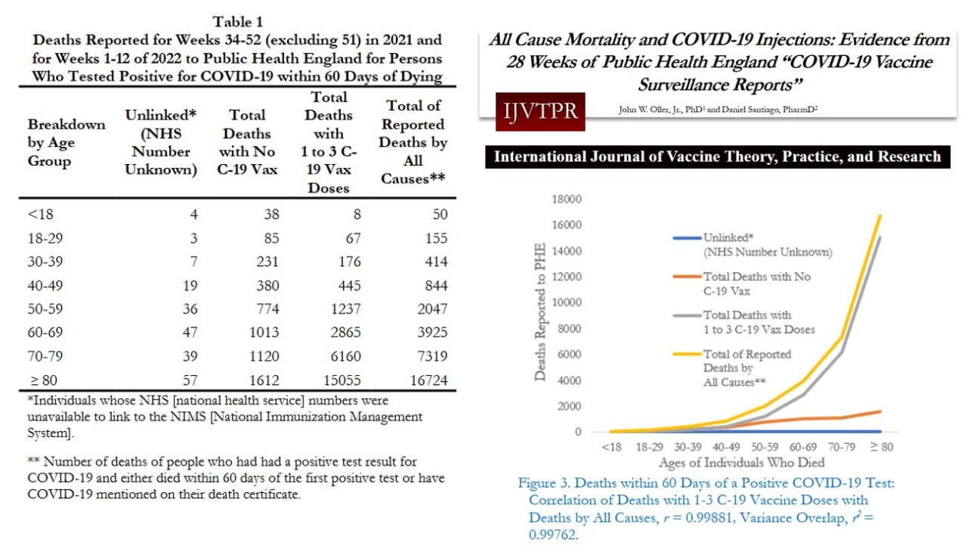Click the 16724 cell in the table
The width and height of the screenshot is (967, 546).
[428, 379]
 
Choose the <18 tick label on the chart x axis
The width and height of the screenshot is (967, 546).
[611, 447]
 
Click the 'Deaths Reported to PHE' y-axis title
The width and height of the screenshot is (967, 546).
[541, 315]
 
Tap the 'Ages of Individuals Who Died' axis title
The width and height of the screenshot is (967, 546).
[740, 462]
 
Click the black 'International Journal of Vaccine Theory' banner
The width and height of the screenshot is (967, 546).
[716, 157]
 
